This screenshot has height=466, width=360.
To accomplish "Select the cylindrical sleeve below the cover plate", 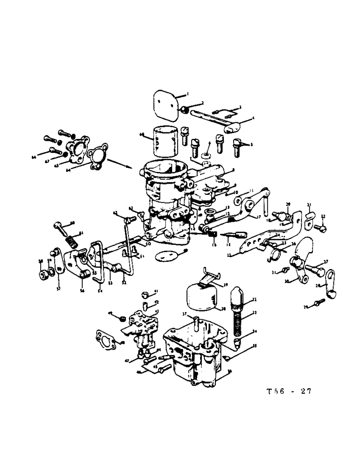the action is tap(165, 139).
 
